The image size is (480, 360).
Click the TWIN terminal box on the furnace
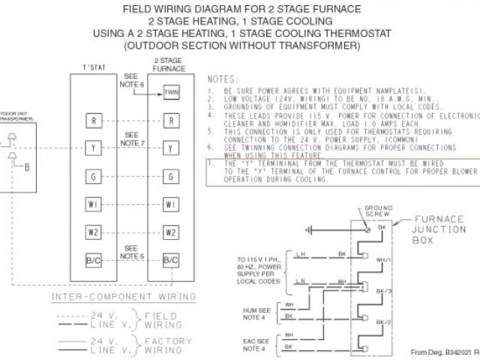(x=172, y=94)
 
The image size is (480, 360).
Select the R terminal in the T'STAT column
(x=92, y=120)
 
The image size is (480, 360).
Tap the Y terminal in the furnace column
(x=172, y=148)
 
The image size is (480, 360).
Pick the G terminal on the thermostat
(x=92, y=176)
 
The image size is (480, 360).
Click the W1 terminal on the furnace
(x=172, y=204)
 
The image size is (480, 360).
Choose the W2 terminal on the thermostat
(x=92, y=232)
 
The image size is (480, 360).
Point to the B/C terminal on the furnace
(x=172, y=259)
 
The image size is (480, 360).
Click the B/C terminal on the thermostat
(x=92, y=259)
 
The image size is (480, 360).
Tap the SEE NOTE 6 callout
(x=132, y=81)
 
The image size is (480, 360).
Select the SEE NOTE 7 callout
(x=132, y=138)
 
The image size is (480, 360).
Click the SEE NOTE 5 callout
(x=132, y=251)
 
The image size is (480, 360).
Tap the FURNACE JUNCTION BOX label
(x=434, y=230)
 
